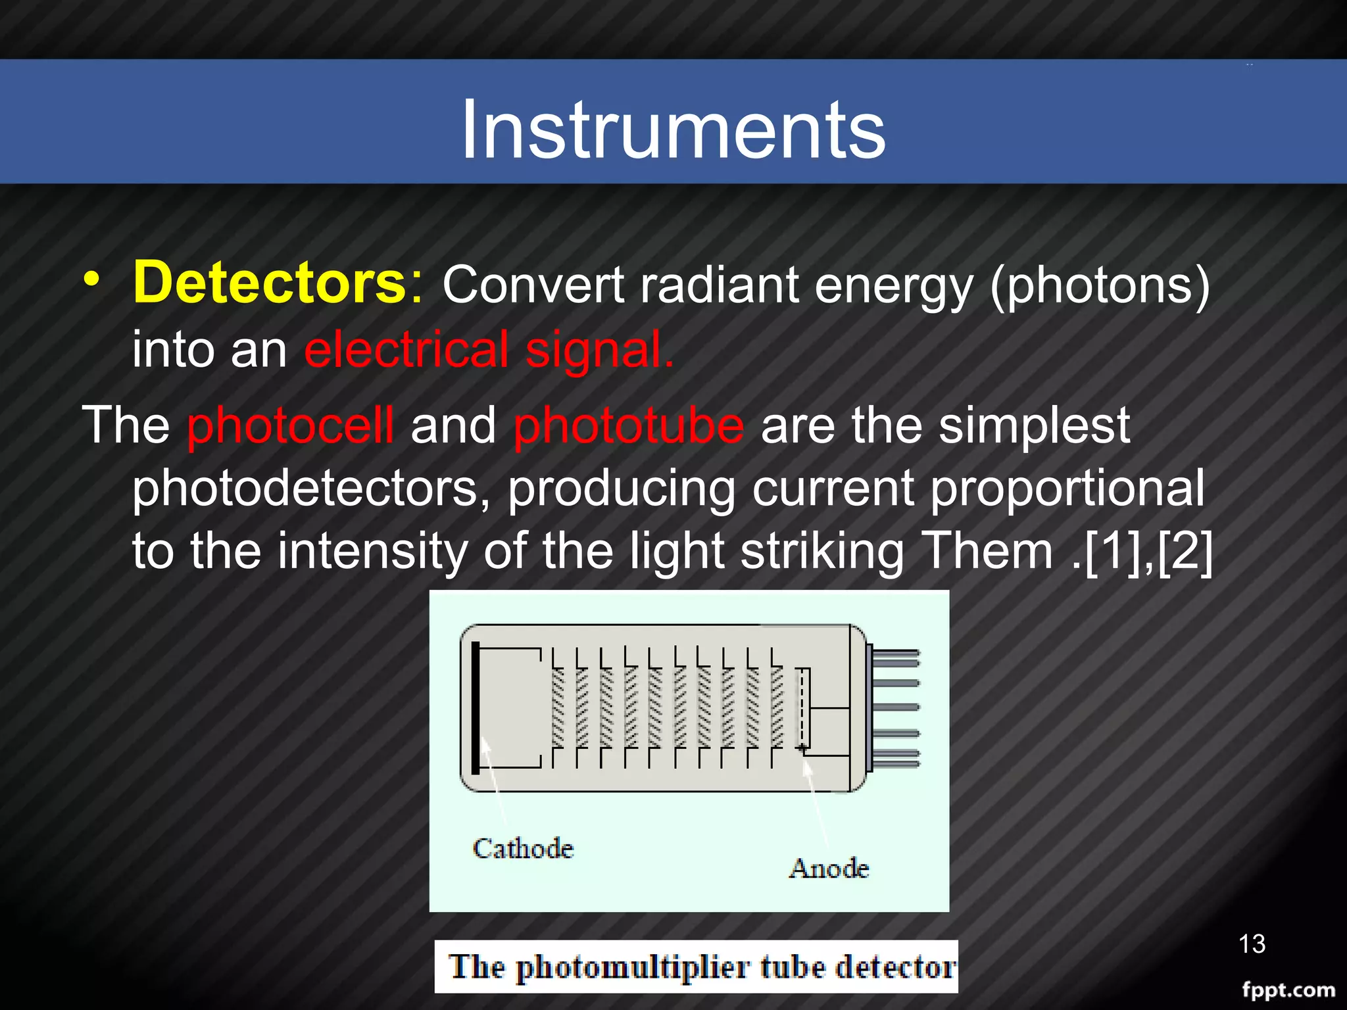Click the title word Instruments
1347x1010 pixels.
pos(673,129)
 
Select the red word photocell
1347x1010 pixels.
pos(290,425)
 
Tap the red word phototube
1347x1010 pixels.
pos(628,425)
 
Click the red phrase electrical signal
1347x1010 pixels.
pos(488,350)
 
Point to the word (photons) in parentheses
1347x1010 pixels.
pos(1099,286)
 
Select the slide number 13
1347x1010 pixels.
pos(1251,944)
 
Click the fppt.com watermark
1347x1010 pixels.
pos(1288,990)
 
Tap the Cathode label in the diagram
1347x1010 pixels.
pos(523,848)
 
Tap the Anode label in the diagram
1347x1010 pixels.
pos(829,869)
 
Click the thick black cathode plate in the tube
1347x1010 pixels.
pos(476,708)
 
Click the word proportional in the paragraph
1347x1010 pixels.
pos(1067,489)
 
